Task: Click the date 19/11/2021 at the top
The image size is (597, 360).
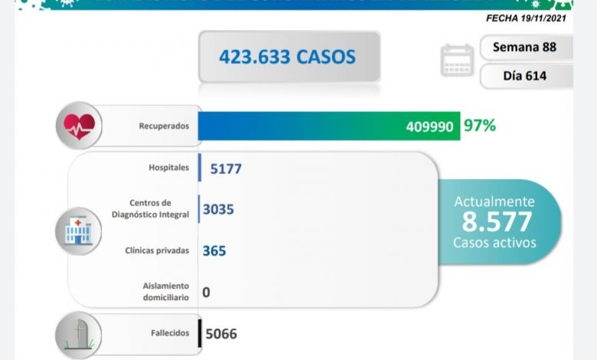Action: click(543, 16)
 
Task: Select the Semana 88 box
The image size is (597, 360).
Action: click(524, 47)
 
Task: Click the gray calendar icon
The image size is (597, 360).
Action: click(457, 61)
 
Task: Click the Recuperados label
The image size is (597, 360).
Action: click(163, 126)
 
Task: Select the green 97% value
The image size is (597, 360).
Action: click(479, 125)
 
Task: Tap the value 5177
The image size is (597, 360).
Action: click(226, 169)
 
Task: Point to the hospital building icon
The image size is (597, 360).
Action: click(78, 231)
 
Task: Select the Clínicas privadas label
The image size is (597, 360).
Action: click(158, 250)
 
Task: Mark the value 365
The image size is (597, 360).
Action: click(214, 250)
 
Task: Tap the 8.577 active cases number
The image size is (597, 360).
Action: click(497, 222)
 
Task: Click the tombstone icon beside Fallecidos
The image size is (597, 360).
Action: click(78, 334)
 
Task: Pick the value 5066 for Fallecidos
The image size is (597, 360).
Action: click(221, 334)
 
